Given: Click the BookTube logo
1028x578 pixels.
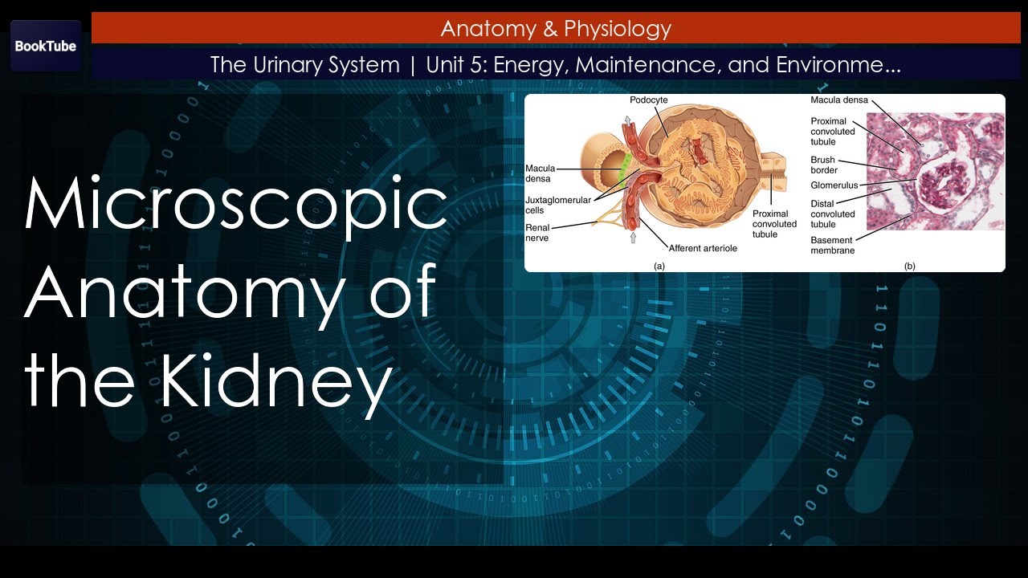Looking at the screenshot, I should (46, 46).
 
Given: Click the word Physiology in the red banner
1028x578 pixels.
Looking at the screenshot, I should (618, 30).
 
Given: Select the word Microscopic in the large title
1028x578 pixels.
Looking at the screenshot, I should (235, 204).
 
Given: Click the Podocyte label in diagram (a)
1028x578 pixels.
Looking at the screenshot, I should (648, 100).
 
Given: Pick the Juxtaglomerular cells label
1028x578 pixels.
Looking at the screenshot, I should (553, 205).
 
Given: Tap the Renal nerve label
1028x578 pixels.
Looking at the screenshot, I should (537, 233).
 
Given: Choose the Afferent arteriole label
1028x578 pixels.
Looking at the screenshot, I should (702, 248).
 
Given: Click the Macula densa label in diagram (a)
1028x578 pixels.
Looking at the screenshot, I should (540, 173).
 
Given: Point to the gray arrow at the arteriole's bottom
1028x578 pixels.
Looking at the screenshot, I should (633, 238).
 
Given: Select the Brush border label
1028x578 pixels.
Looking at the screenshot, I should (823, 165).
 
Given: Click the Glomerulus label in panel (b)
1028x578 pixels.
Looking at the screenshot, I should (834, 185).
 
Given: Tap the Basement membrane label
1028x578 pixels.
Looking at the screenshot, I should (832, 245).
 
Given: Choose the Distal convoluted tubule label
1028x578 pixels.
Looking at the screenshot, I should (833, 214).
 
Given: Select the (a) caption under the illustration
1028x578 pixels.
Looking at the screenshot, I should (659, 265).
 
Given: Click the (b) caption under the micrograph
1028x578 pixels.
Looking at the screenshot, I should (909, 265).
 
